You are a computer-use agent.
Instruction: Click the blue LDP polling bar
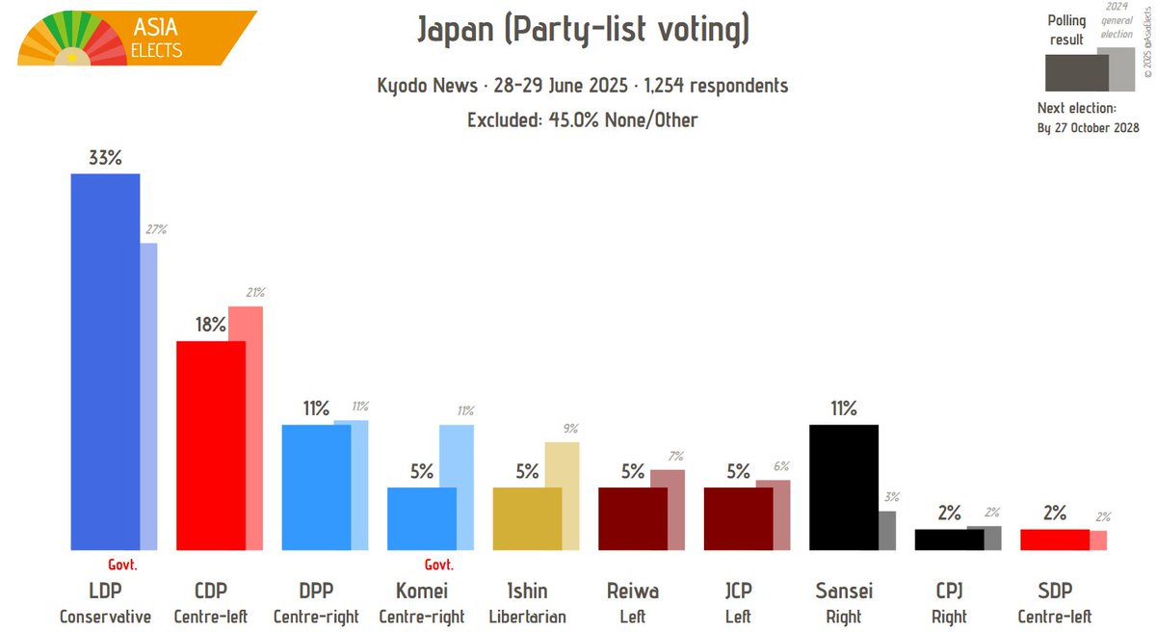click(105, 361)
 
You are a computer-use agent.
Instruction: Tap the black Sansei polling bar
click(843, 487)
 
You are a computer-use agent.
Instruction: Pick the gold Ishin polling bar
click(527, 518)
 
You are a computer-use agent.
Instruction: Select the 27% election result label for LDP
click(156, 230)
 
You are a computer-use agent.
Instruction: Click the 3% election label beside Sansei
click(891, 497)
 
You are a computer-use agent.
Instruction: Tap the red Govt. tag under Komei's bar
click(438, 566)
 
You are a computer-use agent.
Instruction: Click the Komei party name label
click(422, 591)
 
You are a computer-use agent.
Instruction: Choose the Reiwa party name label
click(632, 591)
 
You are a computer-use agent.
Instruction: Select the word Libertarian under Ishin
click(527, 617)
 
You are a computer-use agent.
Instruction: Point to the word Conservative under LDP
click(105, 617)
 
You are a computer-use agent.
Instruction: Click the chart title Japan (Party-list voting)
click(583, 31)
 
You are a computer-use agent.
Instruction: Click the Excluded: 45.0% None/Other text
click(583, 119)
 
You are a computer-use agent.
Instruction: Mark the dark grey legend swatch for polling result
click(1076, 72)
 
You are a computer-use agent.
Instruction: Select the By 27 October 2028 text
click(1088, 128)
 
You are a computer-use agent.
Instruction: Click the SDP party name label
click(1054, 591)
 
